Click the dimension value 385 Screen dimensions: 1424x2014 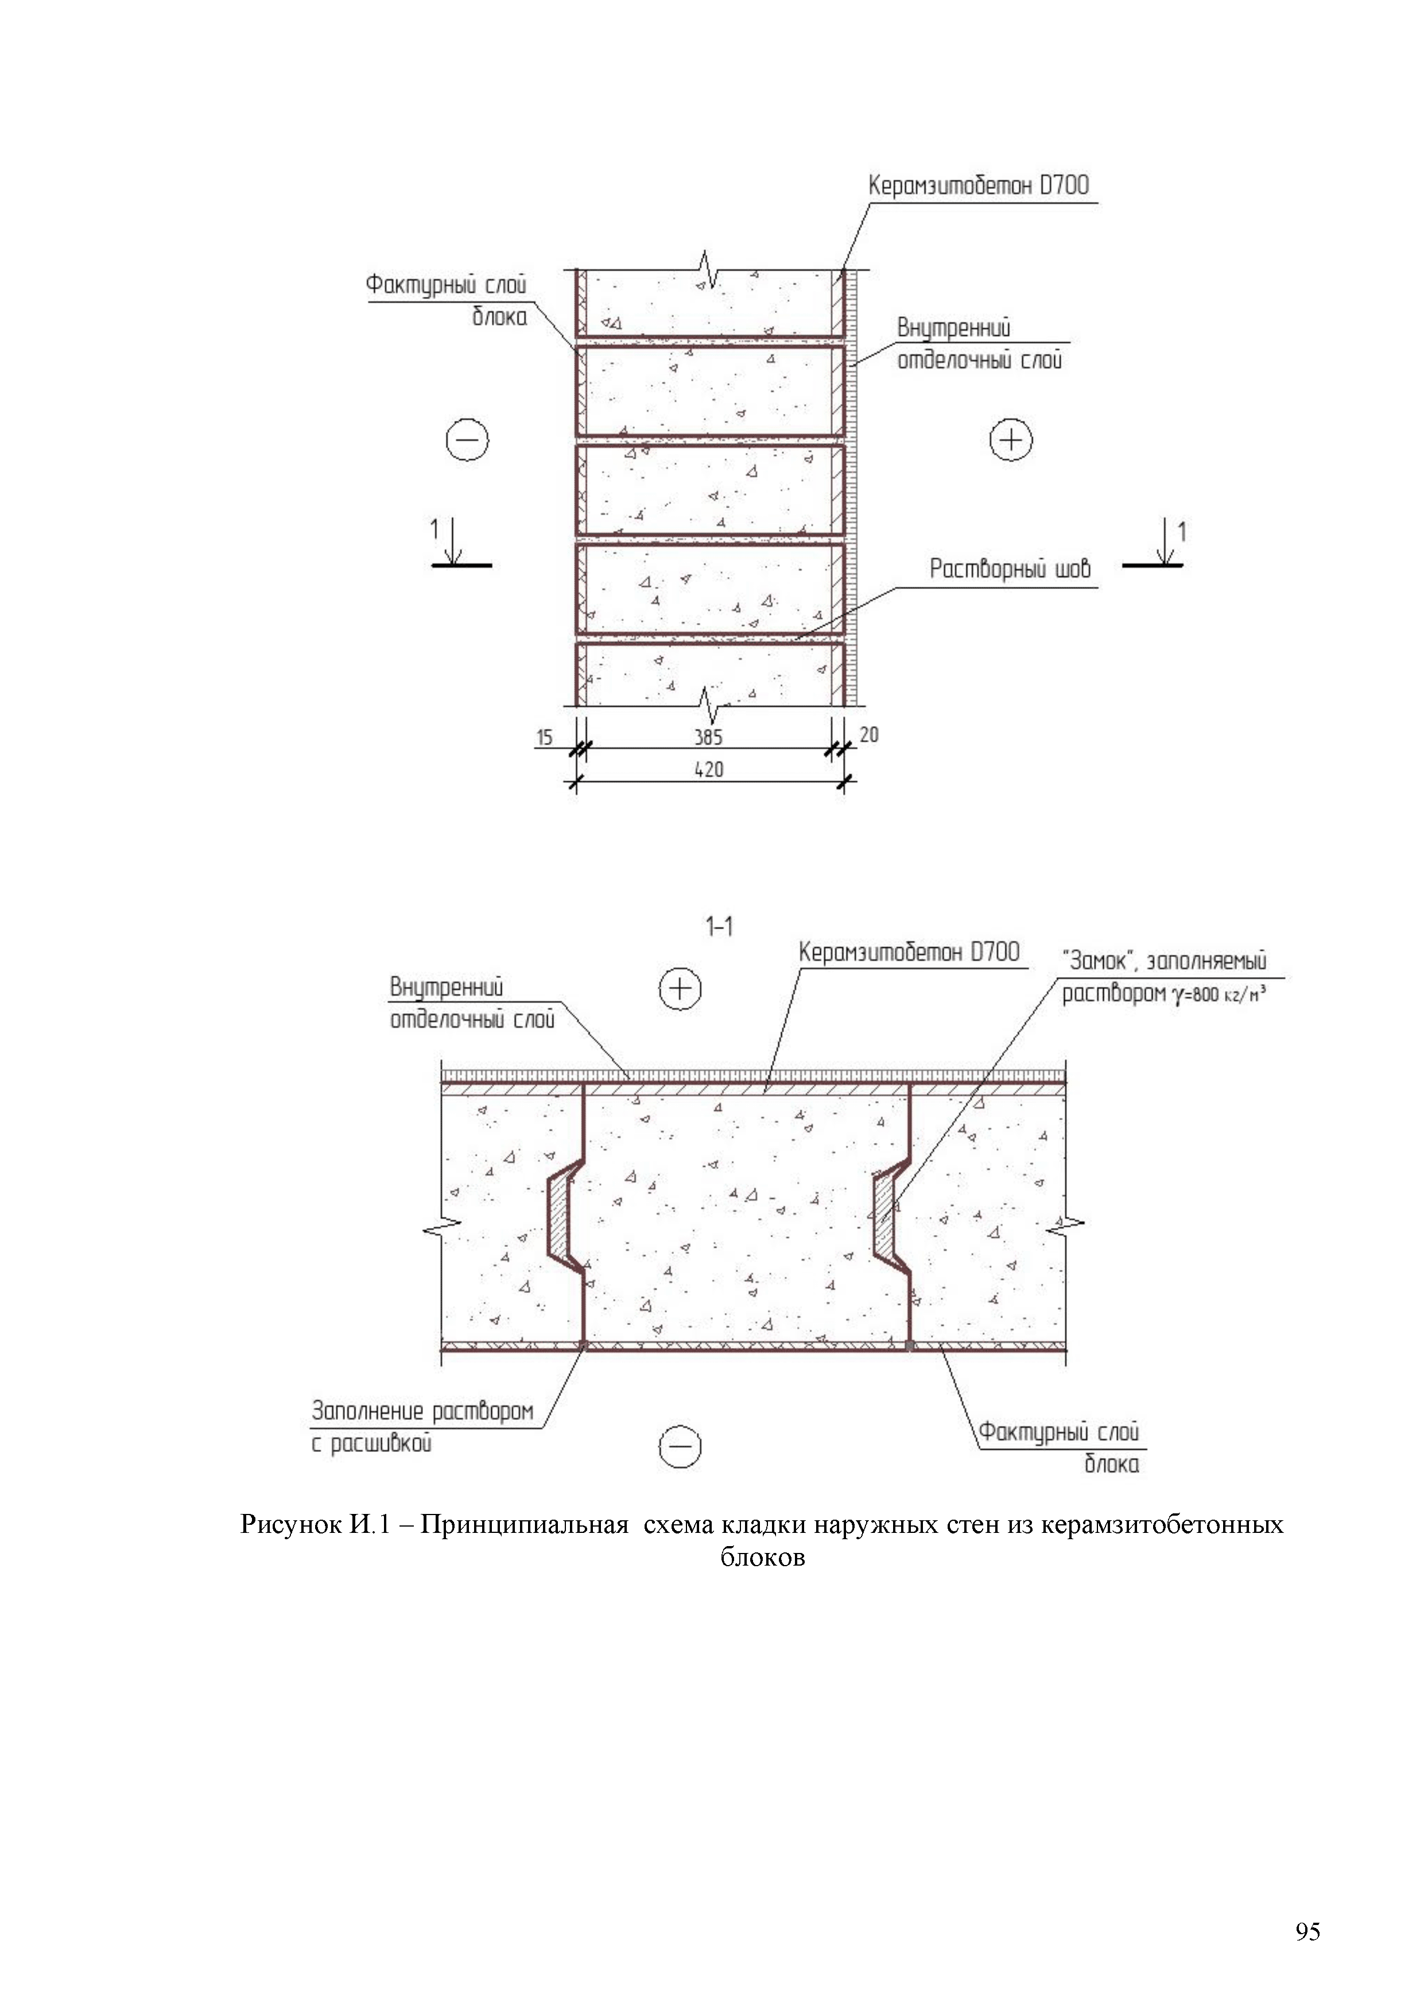708,736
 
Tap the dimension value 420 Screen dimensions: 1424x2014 708,769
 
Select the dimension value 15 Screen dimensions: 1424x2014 545,737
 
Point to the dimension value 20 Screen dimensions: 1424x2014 869,734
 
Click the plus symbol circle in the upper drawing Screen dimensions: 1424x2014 1011,439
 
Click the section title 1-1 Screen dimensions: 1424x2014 719,926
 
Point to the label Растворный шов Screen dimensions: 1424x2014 1010,570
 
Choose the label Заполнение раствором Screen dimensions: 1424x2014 422,1411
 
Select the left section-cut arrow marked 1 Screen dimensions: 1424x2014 453,544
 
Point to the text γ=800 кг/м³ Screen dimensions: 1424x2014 1217,996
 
